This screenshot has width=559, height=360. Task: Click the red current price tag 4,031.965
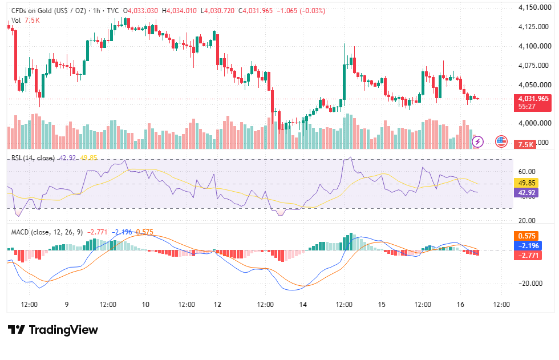533,103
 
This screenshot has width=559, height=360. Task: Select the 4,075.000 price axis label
533,65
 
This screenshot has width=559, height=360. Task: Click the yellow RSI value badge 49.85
526,183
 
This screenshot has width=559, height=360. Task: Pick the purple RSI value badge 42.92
526,193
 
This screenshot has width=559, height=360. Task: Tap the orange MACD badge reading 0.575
526,236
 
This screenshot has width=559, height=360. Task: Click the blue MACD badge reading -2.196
528,245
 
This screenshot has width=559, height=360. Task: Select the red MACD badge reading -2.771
528,255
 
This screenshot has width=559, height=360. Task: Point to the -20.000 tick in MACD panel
530,284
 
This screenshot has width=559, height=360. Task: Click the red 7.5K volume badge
525,144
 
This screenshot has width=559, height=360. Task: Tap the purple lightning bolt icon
478,141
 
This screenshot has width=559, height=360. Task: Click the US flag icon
501,141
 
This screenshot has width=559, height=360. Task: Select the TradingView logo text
52,330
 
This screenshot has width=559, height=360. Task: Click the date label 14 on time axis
303,305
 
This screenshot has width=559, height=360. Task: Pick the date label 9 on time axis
67,305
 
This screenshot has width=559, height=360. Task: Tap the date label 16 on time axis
460,305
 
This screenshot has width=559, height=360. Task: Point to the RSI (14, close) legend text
33,158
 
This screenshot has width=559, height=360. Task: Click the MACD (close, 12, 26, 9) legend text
47,232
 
